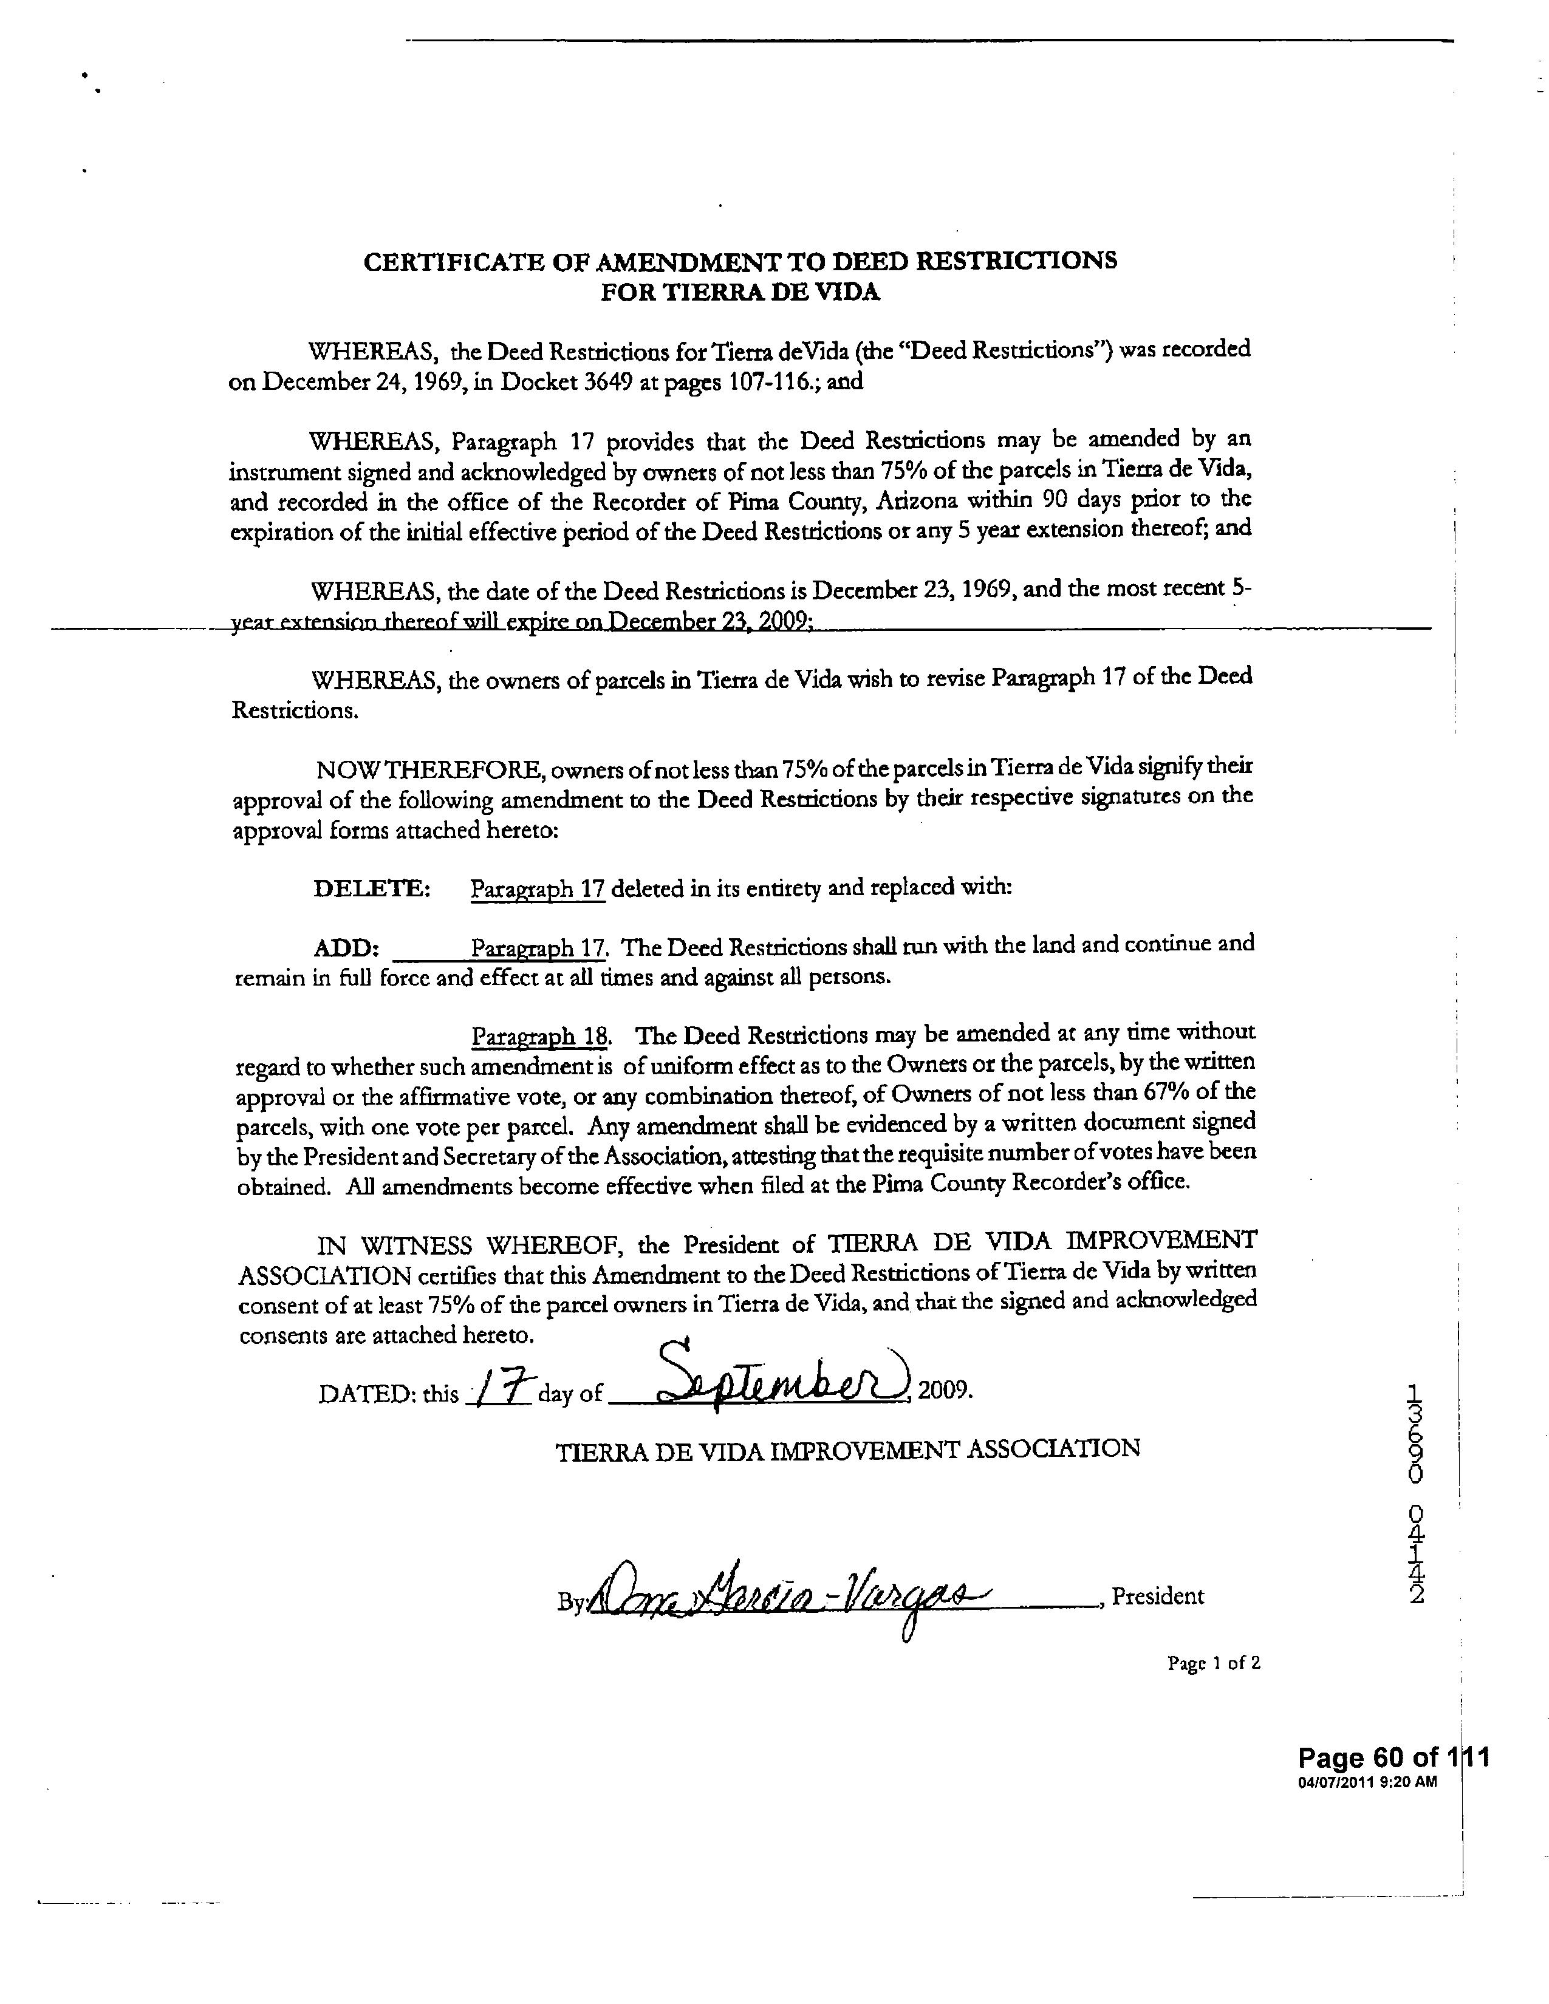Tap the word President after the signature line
(1157, 1597)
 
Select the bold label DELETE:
(372, 889)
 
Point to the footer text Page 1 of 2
(1213, 1663)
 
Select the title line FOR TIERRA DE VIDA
(740, 293)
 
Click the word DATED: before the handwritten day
(361, 1395)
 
